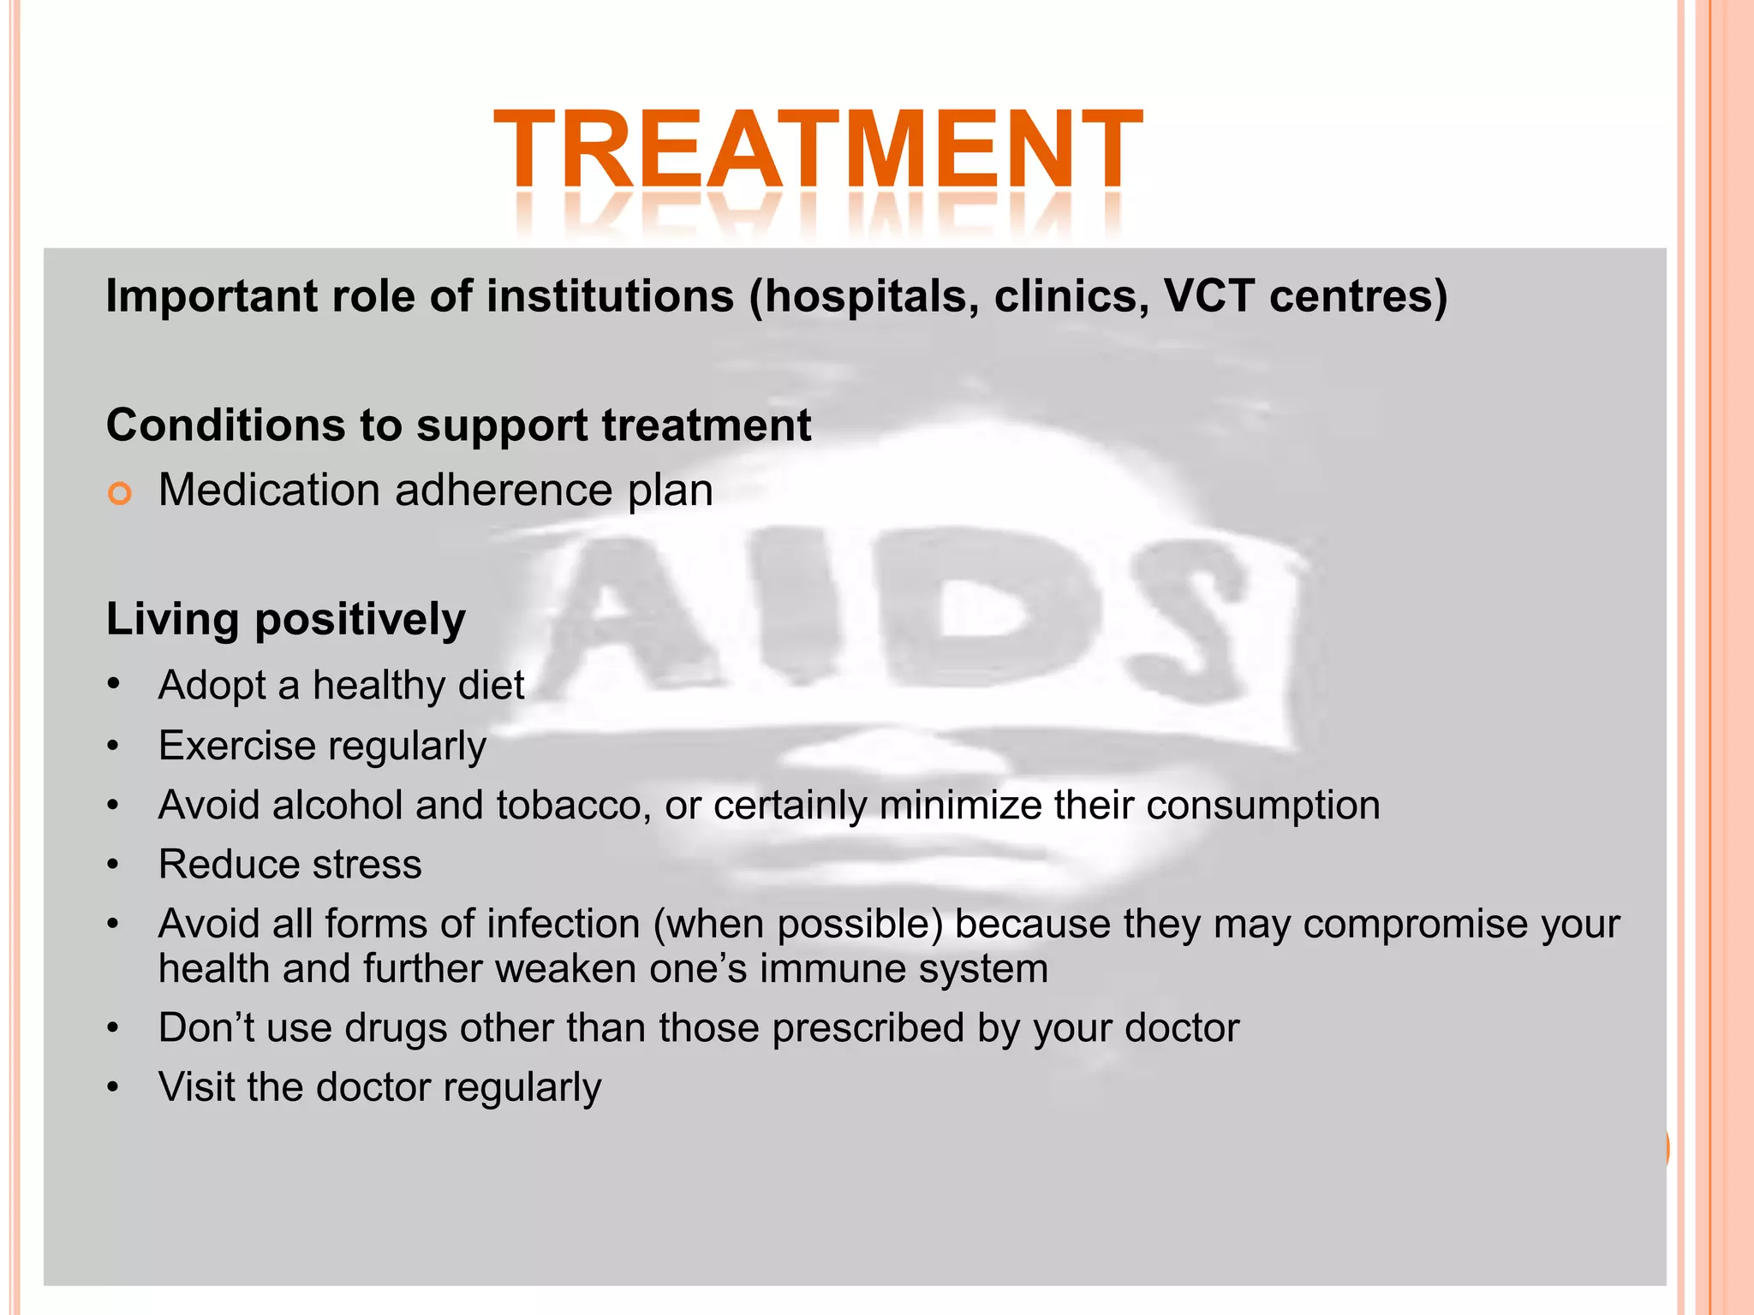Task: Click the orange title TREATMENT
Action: pos(818,150)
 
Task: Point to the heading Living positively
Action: pos(285,619)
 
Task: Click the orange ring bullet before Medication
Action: pos(120,493)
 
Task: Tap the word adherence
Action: pos(504,491)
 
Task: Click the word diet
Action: pos(492,685)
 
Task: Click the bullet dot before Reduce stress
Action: pos(113,866)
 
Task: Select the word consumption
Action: pos(1263,806)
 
